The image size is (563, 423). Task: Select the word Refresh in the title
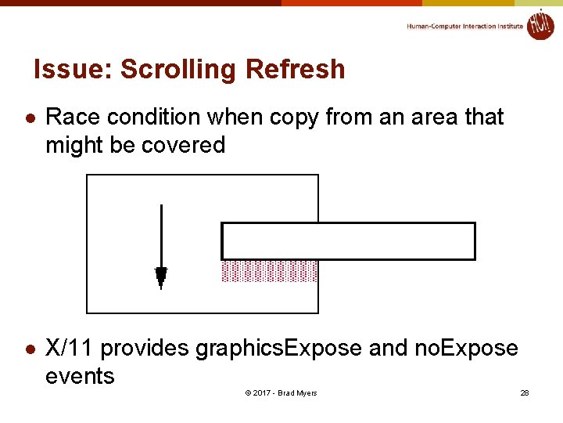point(295,70)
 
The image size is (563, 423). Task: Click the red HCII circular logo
point(540,24)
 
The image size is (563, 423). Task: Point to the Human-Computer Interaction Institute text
point(464,26)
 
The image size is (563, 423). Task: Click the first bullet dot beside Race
point(29,118)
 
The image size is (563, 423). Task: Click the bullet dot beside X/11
point(29,349)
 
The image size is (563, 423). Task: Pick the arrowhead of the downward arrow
point(161,275)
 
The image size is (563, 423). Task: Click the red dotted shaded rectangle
point(270,271)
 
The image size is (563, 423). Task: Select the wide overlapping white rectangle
point(349,241)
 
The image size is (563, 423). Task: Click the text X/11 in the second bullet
point(70,348)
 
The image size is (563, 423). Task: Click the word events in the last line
point(80,376)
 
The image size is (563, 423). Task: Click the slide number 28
point(525,392)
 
